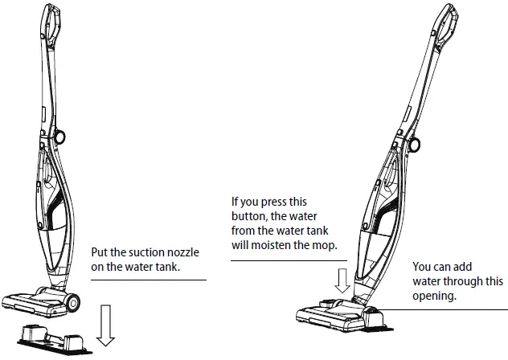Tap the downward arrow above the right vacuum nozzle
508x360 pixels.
click(x=342, y=280)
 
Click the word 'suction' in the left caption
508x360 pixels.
click(x=138, y=252)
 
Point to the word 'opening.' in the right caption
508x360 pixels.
click(x=436, y=296)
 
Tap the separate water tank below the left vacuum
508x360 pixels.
click(x=55, y=334)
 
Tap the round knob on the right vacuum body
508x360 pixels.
click(x=414, y=145)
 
